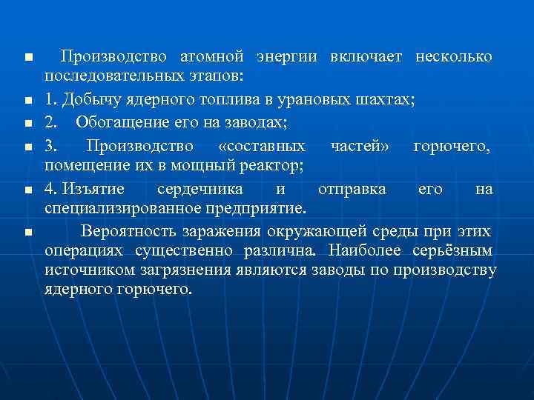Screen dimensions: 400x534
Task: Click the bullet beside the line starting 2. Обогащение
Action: click(x=27, y=122)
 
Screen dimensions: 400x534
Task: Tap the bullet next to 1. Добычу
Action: click(x=27, y=100)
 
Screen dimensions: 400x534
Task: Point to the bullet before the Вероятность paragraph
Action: click(x=27, y=233)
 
